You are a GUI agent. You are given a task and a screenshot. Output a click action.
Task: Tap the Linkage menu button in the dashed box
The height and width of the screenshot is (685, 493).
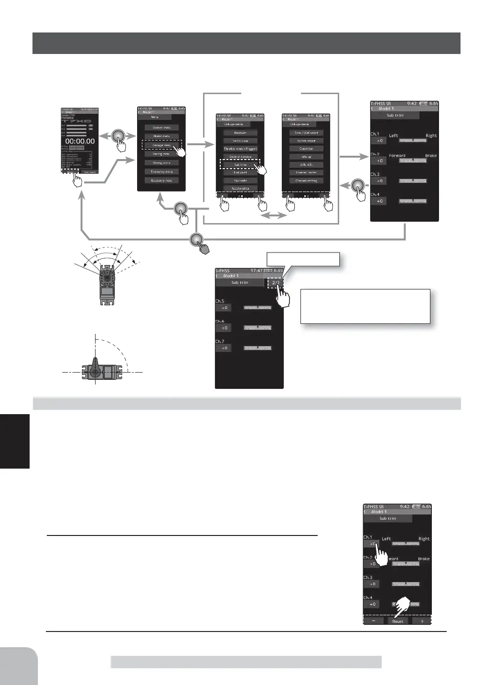161,145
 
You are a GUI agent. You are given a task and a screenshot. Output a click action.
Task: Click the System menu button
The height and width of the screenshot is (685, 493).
161,128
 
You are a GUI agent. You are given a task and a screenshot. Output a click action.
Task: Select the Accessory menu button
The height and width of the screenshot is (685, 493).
161,181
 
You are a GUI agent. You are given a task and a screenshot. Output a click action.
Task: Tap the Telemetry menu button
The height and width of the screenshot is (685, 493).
161,172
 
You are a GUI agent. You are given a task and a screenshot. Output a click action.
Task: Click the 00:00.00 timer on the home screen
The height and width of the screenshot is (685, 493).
80,141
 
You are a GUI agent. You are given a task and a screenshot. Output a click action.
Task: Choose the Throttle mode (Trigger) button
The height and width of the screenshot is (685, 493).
240,149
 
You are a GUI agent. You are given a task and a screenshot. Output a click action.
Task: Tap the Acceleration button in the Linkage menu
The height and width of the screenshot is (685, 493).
240,189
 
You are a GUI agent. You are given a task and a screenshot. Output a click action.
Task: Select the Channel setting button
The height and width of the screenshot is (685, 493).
306,181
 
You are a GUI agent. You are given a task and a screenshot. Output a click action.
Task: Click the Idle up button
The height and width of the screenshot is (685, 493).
306,157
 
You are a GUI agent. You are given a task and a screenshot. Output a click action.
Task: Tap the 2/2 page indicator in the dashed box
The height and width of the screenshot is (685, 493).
275,283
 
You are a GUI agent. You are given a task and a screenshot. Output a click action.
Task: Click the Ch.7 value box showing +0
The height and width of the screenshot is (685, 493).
224,348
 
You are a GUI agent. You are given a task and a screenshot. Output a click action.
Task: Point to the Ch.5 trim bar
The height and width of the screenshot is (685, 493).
257,308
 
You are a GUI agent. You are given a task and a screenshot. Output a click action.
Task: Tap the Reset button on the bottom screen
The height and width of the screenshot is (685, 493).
397,621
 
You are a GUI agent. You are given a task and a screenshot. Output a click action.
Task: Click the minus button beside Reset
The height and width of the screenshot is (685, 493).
374,621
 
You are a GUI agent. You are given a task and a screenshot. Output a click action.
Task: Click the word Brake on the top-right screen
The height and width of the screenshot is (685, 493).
431,156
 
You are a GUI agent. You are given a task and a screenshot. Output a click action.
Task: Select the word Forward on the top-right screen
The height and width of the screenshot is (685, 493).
397,156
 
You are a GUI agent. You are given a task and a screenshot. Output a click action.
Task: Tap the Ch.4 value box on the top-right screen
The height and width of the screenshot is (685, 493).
380,201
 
